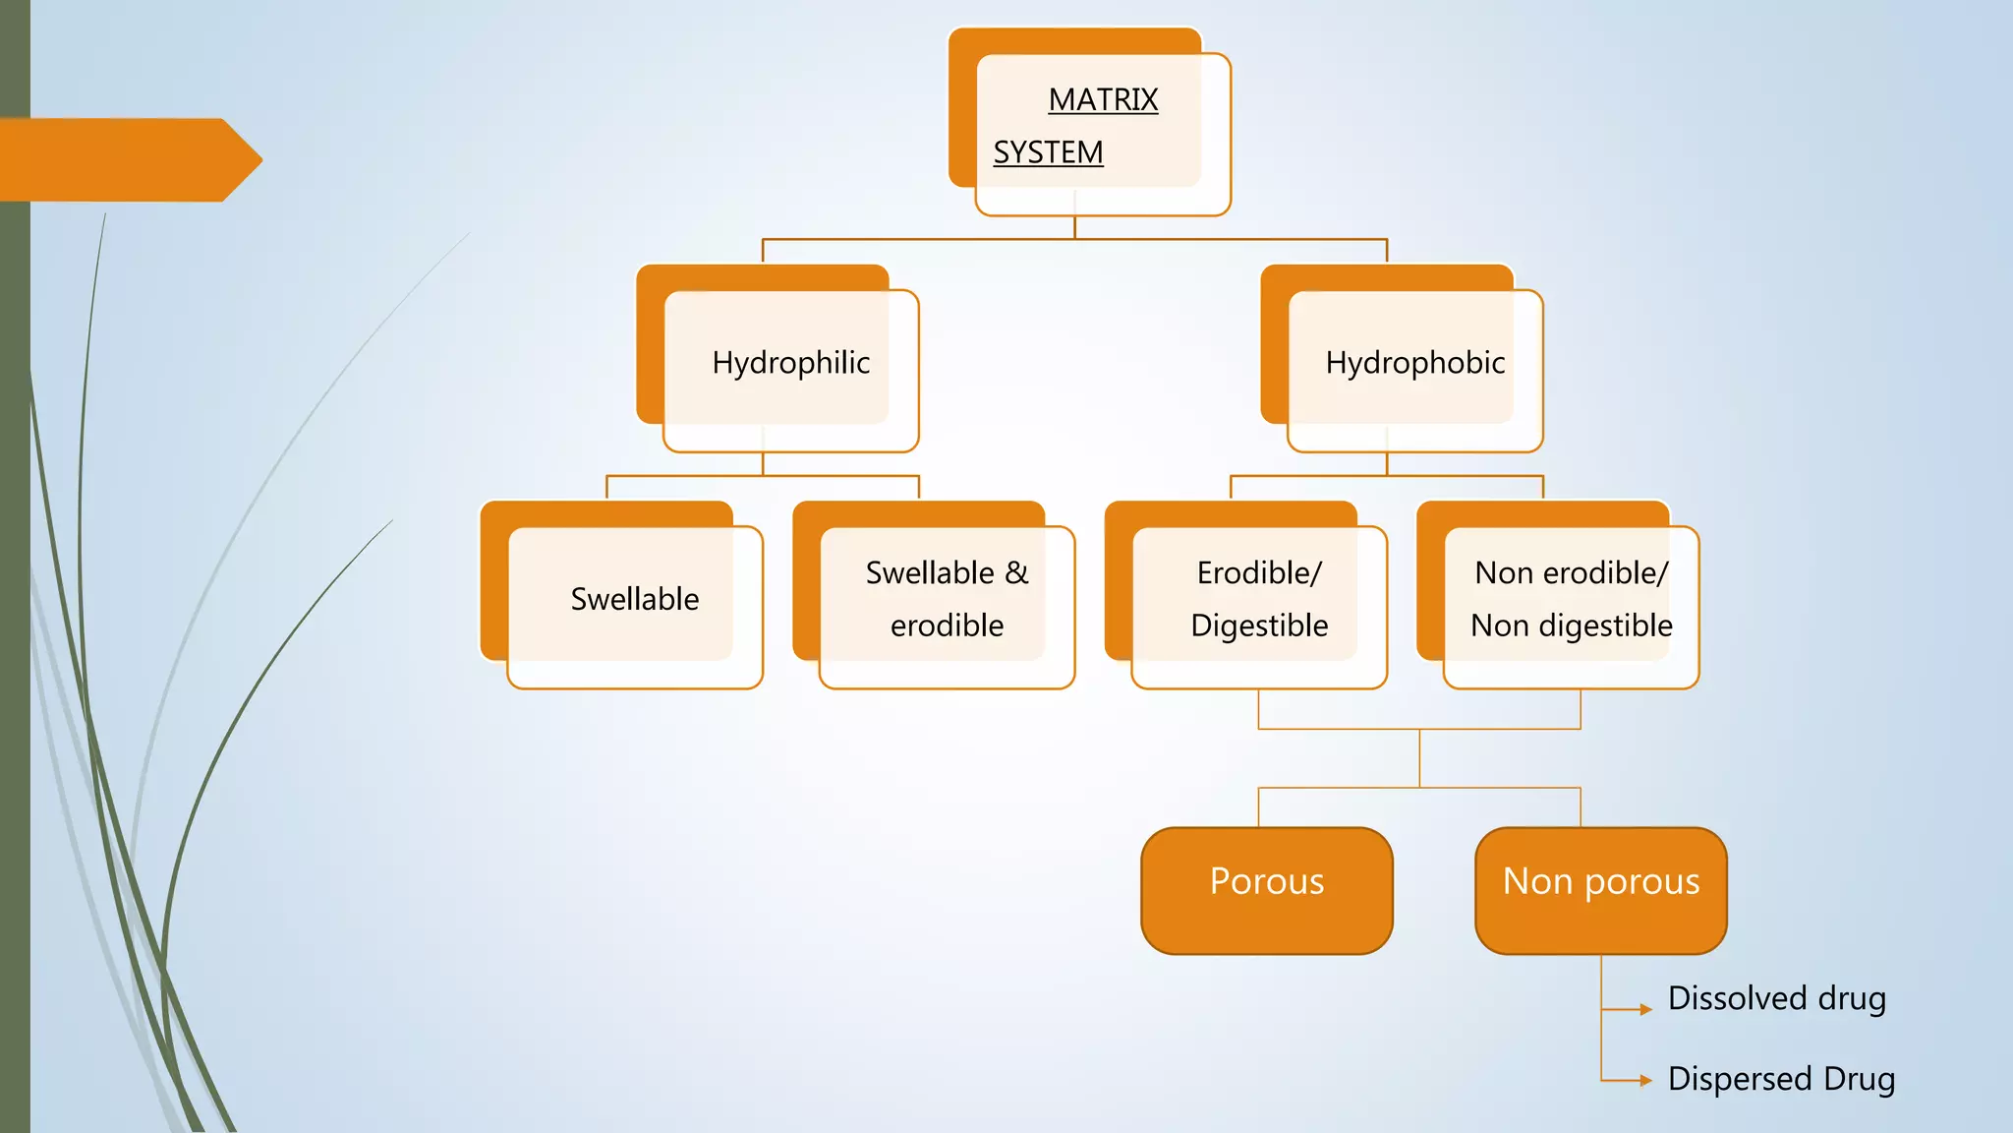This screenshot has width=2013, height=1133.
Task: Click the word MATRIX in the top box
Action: [x=1103, y=99]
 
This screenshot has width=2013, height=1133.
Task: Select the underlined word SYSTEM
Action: [x=1048, y=152]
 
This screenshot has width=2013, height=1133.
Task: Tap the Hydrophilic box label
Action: [x=790, y=363]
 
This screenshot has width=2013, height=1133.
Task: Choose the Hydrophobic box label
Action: [x=1414, y=363]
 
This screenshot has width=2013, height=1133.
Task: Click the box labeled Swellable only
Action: [x=634, y=599]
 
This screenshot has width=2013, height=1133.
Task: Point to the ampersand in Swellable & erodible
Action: [x=1016, y=572]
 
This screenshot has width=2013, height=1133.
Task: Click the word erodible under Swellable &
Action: [x=947, y=626]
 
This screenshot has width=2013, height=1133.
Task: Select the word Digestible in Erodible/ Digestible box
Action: [x=1259, y=626]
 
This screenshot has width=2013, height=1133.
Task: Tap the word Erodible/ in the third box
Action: [x=1259, y=572]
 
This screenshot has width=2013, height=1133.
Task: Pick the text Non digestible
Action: [x=1571, y=626]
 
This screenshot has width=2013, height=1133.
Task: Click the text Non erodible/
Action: [x=1571, y=572]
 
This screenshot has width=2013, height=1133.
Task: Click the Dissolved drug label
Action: [x=1776, y=998]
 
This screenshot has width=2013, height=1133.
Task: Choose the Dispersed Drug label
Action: [x=1781, y=1079]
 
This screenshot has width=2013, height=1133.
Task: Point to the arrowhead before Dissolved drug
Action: [x=1645, y=1009]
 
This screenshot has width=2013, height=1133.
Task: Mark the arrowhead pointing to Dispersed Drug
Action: [x=1645, y=1080]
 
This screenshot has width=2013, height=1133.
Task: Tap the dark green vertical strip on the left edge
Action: [x=15, y=590]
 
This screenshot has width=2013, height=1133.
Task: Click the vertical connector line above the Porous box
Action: [x=1259, y=807]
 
